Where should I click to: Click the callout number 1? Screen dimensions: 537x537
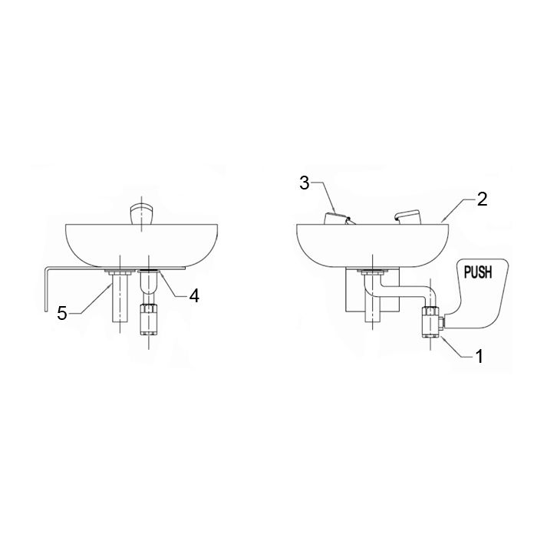[479, 356]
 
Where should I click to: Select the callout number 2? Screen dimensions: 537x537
[482, 199]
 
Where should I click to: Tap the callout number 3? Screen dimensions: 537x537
[305, 183]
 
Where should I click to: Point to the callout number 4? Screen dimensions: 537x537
[194, 295]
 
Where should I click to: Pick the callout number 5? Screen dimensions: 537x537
[62, 313]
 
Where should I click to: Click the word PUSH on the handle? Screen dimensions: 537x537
[478, 272]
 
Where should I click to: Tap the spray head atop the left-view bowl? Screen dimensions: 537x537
[141, 214]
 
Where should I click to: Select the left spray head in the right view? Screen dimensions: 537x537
[338, 219]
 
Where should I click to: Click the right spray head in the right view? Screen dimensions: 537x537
[407, 217]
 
